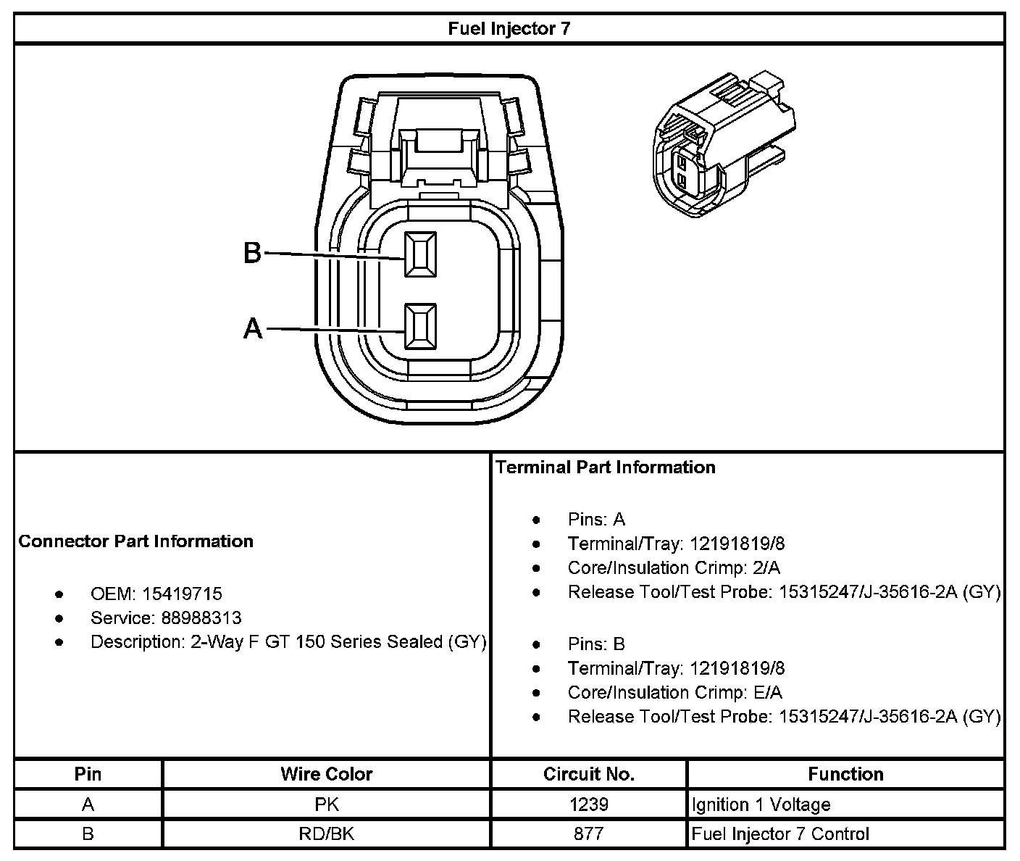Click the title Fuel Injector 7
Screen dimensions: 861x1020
pyautogui.click(x=509, y=28)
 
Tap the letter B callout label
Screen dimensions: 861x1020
pyautogui.click(x=251, y=253)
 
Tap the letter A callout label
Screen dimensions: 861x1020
pyautogui.click(x=252, y=329)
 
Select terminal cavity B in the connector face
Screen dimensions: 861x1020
pyautogui.click(x=420, y=254)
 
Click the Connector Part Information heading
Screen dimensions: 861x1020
pyautogui.click(x=136, y=541)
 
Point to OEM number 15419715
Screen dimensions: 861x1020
pyautogui.click(x=182, y=594)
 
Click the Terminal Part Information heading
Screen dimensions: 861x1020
pyautogui.click(x=606, y=467)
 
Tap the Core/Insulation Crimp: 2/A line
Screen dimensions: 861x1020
pyautogui.click(x=674, y=568)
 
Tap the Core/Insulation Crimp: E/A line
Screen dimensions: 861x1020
pyautogui.click(x=674, y=693)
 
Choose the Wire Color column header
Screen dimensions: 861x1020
pyautogui.click(x=326, y=774)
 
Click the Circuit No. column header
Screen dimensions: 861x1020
pyautogui.click(x=588, y=774)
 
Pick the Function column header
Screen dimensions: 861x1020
pyautogui.click(x=845, y=774)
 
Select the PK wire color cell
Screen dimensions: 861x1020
pyautogui.click(x=327, y=804)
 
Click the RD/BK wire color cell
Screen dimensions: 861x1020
pyautogui.click(x=327, y=834)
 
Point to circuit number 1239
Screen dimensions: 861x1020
pyautogui.click(x=589, y=804)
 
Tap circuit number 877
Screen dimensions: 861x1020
pyautogui.click(x=589, y=834)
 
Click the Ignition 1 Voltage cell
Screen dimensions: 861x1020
pyautogui.click(x=761, y=804)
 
